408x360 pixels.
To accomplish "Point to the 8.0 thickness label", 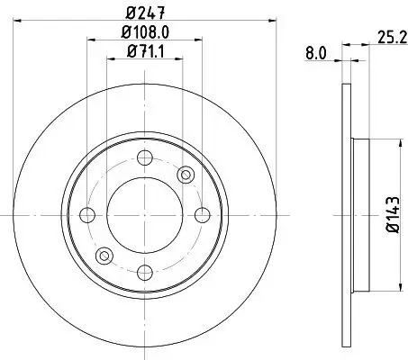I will [315, 54].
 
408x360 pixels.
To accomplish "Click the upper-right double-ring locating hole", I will [187, 175].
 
